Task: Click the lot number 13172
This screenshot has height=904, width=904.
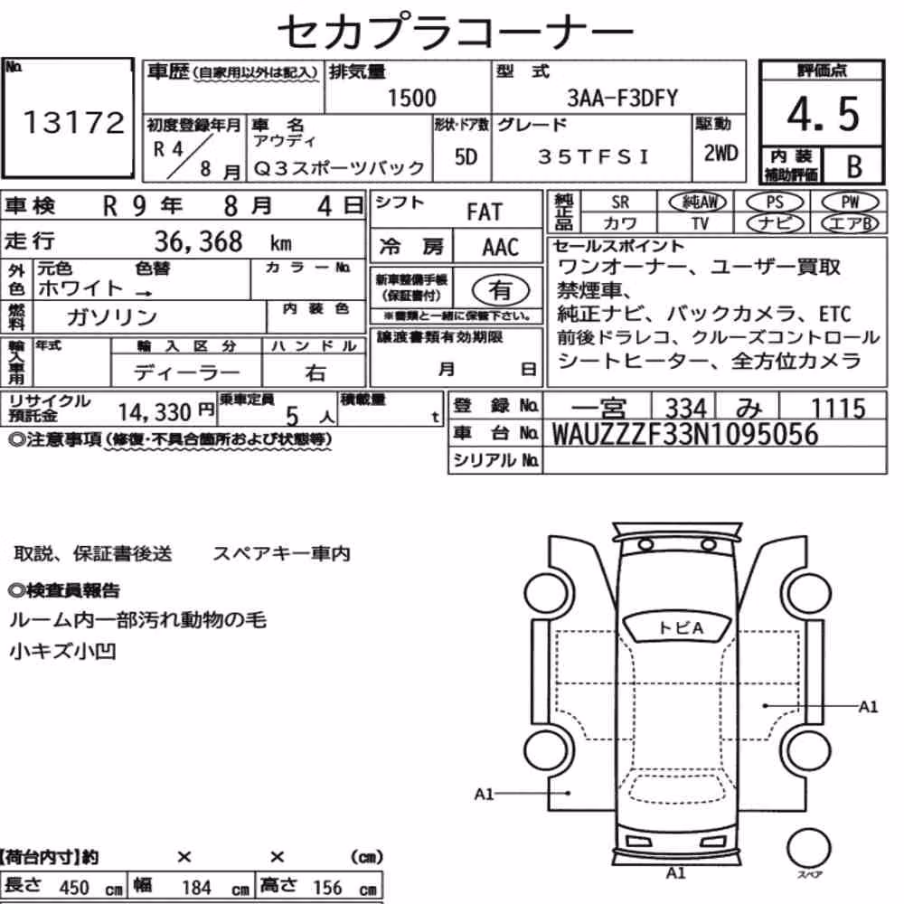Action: coord(74,122)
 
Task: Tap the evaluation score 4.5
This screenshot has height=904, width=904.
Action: coord(823,114)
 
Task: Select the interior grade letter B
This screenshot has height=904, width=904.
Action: coord(854,166)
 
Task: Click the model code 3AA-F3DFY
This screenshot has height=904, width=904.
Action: coord(622,98)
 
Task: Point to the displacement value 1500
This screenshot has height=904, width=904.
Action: coord(411,98)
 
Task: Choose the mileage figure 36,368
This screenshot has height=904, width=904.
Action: coord(198,241)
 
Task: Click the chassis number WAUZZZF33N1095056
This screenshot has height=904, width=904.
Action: coord(685,434)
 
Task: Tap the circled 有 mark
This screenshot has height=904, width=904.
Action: coord(500,290)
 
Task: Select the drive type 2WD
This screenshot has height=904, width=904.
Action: coord(720,153)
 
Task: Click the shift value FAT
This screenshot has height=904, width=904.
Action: coord(485,212)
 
